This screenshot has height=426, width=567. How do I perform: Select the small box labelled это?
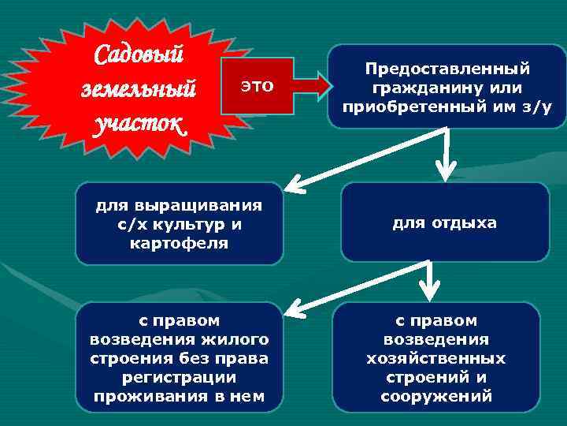coord(257,86)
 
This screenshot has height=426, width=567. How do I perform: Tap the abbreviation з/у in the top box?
coord(540,103)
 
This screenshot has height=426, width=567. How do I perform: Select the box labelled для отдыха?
coord(445,223)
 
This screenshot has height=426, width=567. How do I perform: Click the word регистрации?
coord(180,377)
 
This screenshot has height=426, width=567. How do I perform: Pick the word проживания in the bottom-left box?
coord(153,396)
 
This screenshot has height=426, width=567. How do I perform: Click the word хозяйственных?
coord(436,358)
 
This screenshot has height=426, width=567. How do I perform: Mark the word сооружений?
coord(436,396)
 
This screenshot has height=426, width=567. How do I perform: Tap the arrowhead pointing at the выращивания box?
coord(294,186)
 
